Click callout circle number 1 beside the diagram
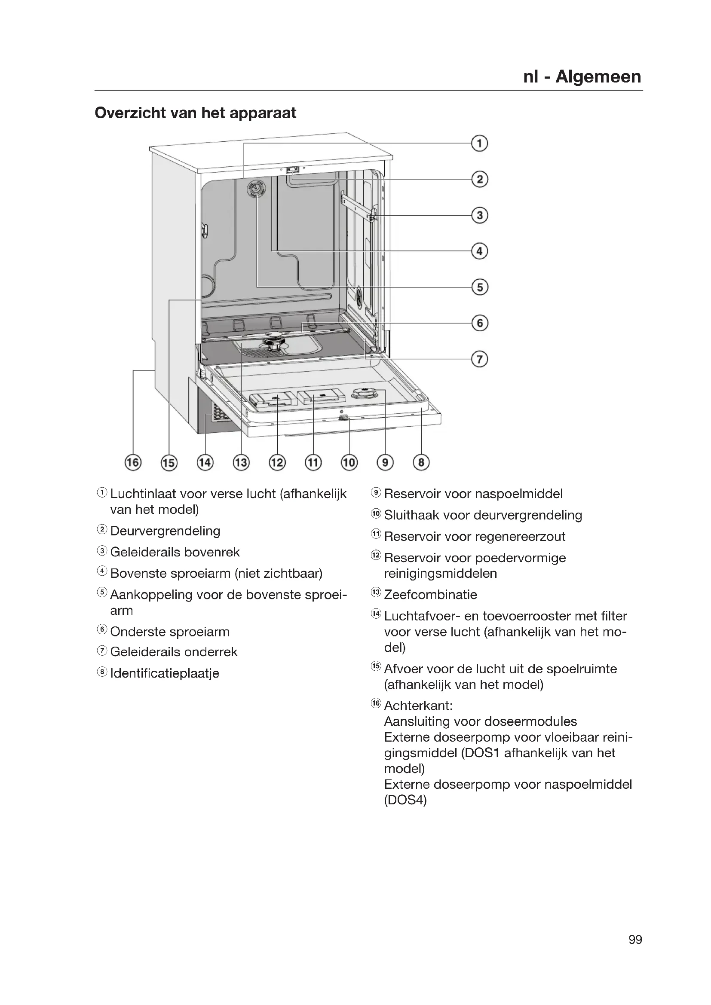coord(479,144)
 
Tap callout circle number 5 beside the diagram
coord(479,287)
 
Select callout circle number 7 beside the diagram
coord(479,359)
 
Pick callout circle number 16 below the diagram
coord(133,462)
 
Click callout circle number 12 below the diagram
coord(277,462)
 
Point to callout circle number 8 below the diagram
coord(421,462)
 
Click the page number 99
coord(635,940)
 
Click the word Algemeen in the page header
coord(598,76)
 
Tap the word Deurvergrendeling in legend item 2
coord(165,531)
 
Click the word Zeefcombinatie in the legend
coord(430,594)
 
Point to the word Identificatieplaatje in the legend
coord(165,673)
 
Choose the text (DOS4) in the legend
coord(405,800)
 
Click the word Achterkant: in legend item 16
coord(418,706)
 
